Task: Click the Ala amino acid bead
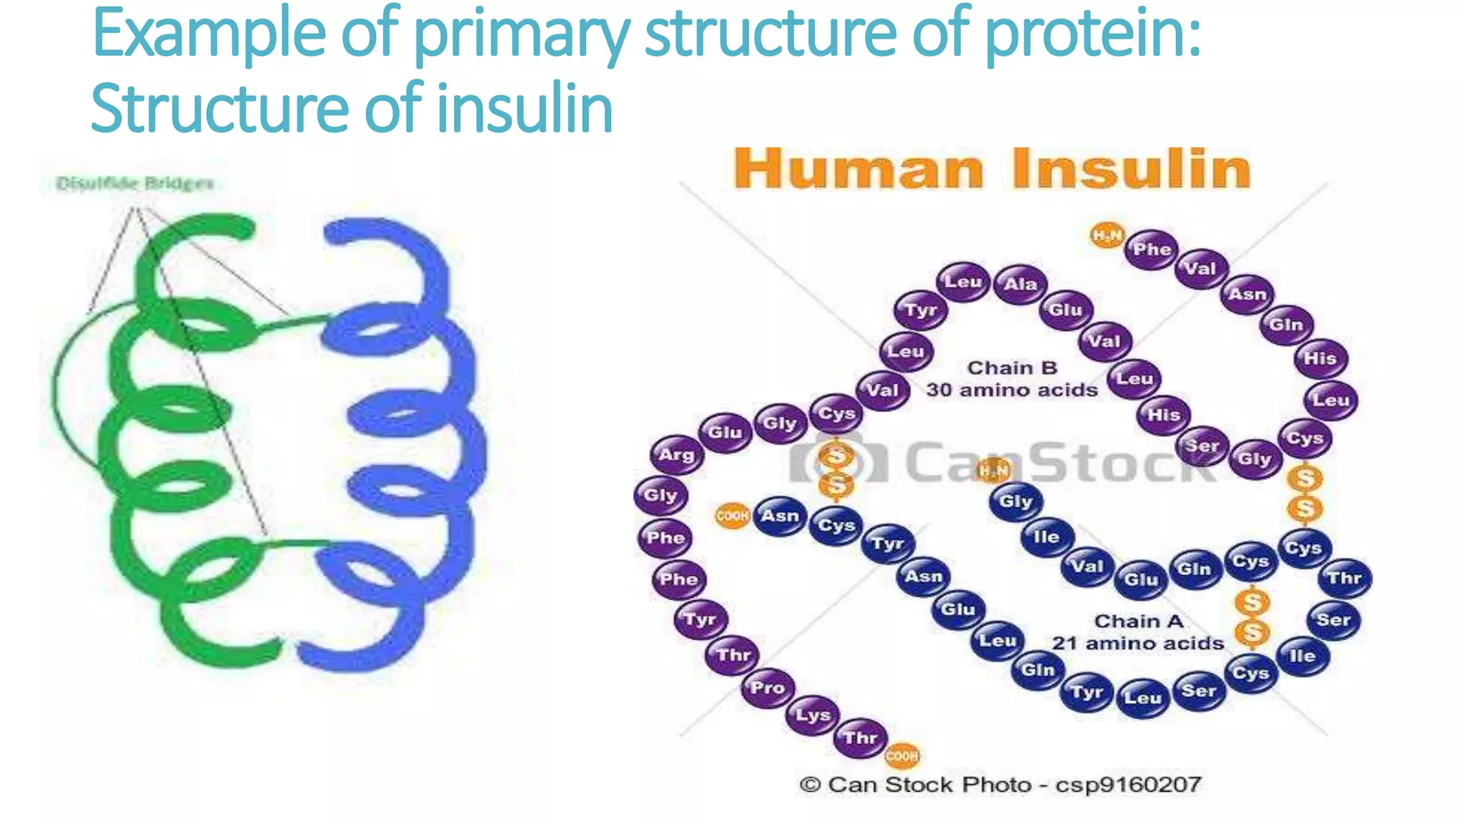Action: tap(1020, 285)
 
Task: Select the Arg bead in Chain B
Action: tap(676, 455)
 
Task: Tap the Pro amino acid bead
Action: tap(767, 688)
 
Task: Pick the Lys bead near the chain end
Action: tap(813, 715)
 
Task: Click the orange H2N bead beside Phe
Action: tap(1107, 235)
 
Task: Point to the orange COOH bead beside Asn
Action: tap(732, 516)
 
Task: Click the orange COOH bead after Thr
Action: tap(901, 755)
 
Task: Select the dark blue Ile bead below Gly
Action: tap(1046, 537)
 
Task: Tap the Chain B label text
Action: tap(1012, 368)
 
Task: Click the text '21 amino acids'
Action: tap(1137, 644)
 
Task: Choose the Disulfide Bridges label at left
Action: tap(135, 184)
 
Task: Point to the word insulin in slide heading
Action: tap(525, 109)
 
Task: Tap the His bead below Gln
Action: tap(1320, 358)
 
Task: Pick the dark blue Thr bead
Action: tap(1344, 578)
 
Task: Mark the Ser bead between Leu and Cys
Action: tap(1199, 691)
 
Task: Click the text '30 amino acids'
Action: tap(1012, 391)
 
